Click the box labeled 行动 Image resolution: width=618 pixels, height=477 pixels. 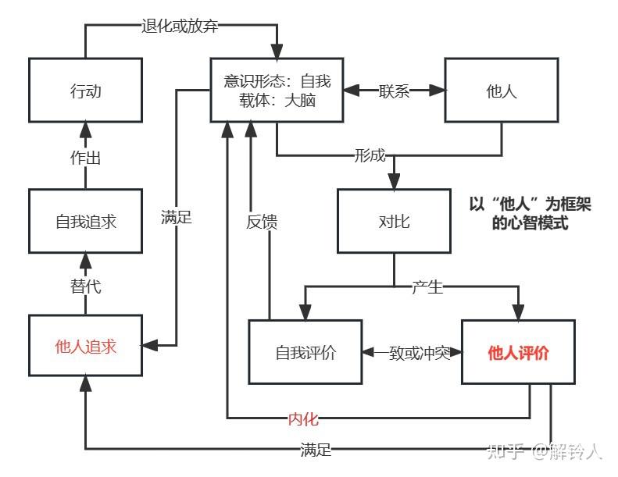pos(85,91)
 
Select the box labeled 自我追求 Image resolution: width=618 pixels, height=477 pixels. pos(85,221)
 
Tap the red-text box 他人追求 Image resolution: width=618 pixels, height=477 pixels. pos(85,345)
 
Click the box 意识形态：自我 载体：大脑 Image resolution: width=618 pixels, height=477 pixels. pos(277,91)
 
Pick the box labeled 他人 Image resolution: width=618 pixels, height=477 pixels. pos(502,91)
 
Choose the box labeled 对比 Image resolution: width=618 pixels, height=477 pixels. pos(394,221)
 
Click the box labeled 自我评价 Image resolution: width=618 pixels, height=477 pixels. pos(305,352)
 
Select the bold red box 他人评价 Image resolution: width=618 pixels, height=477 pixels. pos(518,352)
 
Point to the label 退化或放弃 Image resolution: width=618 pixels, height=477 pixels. pos(180,26)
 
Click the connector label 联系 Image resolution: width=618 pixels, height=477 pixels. pos(394,91)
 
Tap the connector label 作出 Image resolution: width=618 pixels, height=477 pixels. pos(85,158)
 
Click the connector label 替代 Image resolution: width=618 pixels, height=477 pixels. pos(85,286)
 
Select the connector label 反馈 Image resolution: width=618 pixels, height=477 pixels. pos(262,222)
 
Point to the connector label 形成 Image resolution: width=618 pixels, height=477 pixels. pos(370,155)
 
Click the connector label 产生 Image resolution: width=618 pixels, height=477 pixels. pos(427,287)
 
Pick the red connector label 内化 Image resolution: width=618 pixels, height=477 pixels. pos(303,418)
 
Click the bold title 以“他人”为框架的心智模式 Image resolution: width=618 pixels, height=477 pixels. pos(530,213)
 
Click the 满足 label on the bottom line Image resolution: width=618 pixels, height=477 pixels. pos(316,450)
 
